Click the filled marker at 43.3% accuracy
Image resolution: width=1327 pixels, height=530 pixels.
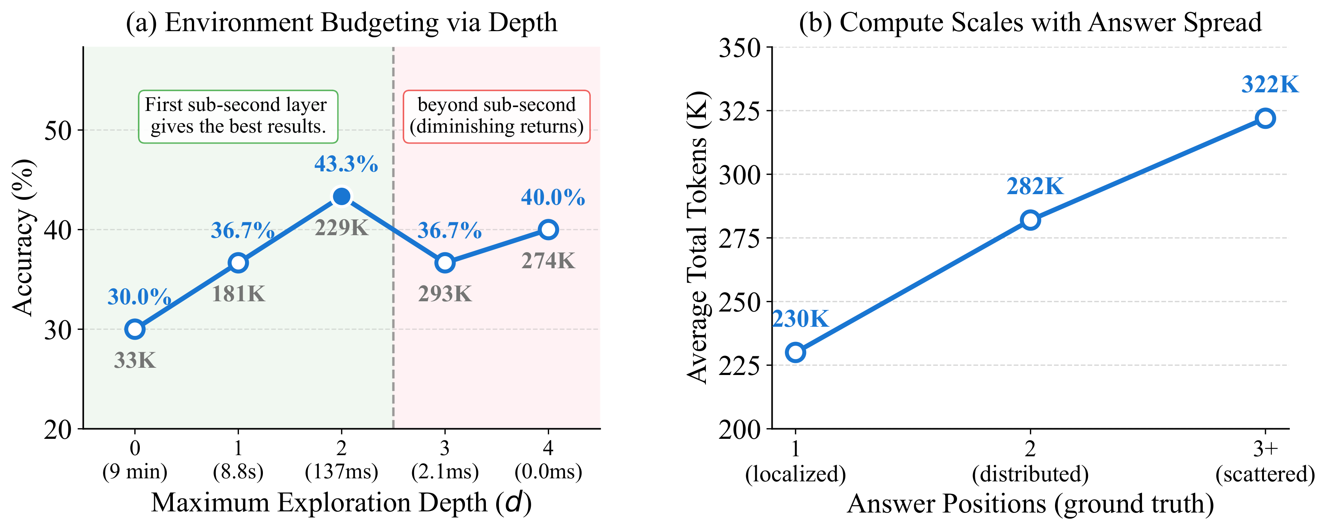(342, 196)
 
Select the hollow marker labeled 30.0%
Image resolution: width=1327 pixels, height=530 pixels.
(135, 329)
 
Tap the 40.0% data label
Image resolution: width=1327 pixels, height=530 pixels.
(553, 197)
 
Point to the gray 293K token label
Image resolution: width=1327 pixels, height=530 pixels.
(444, 294)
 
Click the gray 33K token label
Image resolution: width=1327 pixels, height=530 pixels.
(135, 361)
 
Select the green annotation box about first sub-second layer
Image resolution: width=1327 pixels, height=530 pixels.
(238, 116)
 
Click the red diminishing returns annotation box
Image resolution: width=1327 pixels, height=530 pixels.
(496, 116)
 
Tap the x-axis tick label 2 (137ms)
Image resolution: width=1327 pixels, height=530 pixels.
(342, 460)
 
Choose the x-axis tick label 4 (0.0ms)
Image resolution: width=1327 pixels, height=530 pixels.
(548, 460)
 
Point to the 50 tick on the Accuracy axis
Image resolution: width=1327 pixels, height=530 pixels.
(58, 130)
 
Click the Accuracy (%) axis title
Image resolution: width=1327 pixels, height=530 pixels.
(23, 237)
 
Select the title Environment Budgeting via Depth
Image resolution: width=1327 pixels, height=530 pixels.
(342, 23)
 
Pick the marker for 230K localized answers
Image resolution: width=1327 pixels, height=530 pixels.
(796, 353)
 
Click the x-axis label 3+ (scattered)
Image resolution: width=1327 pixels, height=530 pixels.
(1265, 462)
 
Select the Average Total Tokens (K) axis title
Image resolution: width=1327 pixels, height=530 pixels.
(698, 237)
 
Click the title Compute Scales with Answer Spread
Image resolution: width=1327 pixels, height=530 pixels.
(1030, 23)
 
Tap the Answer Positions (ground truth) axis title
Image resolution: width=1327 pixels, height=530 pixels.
(1030, 504)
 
